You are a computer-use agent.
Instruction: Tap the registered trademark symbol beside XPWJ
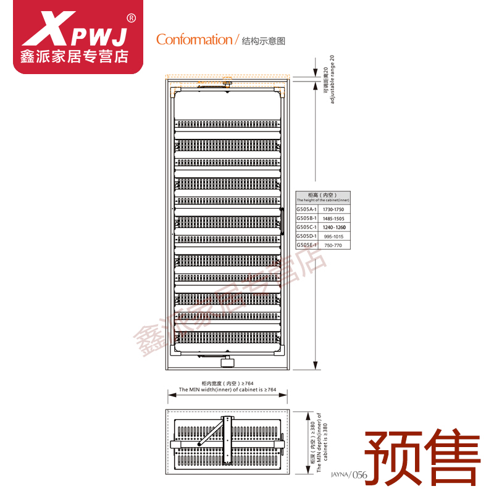[131, 17]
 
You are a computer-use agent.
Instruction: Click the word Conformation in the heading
[193, 40]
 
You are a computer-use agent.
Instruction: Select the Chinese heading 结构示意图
[262, 41]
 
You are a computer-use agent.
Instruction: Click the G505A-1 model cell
[306, 209]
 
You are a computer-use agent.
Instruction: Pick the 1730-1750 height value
[333, 210]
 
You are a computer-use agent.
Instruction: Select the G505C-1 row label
[306, 227]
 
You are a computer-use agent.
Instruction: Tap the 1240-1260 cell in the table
[333, 227]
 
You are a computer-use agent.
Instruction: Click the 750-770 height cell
[333, 245]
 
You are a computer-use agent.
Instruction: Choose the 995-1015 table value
[333, 237]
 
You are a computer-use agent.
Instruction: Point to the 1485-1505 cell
[333, 219]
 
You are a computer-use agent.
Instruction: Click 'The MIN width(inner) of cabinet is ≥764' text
[228, 390]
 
